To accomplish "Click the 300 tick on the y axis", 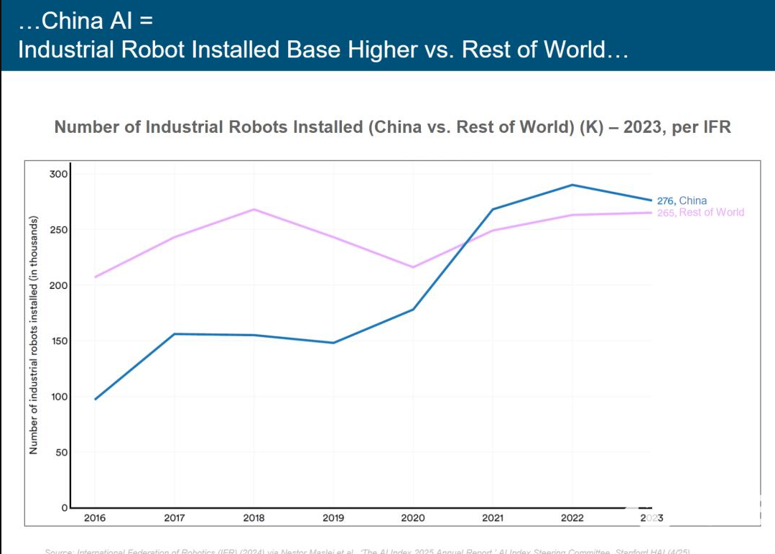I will coord(58,174).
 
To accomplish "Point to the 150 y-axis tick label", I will coord(58,341).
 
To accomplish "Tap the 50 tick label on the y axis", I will coord(61,452).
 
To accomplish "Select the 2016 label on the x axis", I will coord(95,517).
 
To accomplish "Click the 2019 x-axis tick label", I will coord(333,517).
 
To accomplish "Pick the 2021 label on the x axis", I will coord(492,517).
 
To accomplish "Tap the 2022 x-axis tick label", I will coord(572,517).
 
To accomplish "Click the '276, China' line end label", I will coord(682,200).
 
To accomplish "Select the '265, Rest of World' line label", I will coord(700,213).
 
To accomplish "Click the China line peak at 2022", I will coord(572,185).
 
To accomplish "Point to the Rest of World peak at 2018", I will coord(254,209).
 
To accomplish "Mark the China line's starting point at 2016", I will coord(96,399).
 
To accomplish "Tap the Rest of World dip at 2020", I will coord(413,267).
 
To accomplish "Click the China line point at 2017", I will coord(175,334).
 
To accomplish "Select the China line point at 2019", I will coord(333,343).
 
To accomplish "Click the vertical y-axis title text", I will coord(33,335).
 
